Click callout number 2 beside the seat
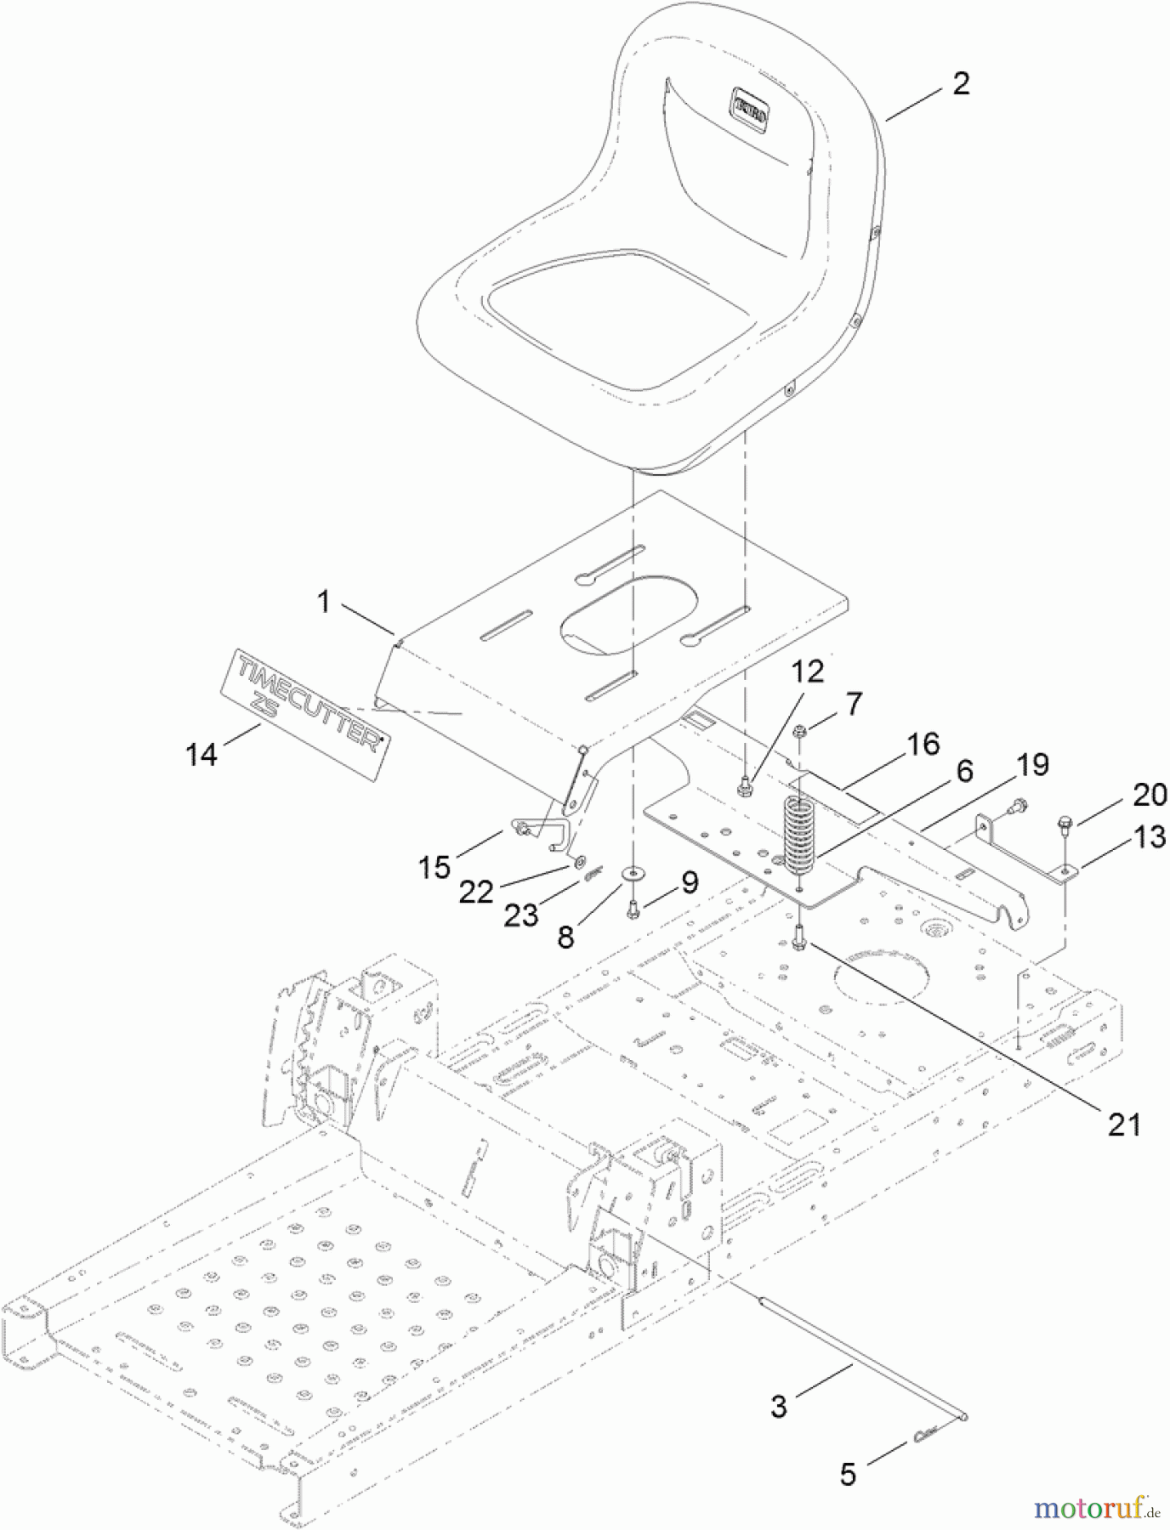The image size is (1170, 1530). (961, 83)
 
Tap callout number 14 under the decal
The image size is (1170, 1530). (202, 753)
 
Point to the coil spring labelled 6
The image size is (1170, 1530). (798, 837)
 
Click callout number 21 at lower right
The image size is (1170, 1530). (1123, 1125)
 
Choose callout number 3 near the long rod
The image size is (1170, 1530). (779, 1406)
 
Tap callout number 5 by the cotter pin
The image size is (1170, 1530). (848, 1473)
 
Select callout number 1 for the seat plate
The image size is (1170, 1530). (323, 603)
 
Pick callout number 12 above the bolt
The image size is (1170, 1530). (808, 672)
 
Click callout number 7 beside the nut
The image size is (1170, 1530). (853, 704)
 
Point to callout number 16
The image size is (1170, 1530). (923, 745)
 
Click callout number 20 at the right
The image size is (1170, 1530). (1150, 795)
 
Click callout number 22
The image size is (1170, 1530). (476, 892)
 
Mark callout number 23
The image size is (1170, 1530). (520, 915)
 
